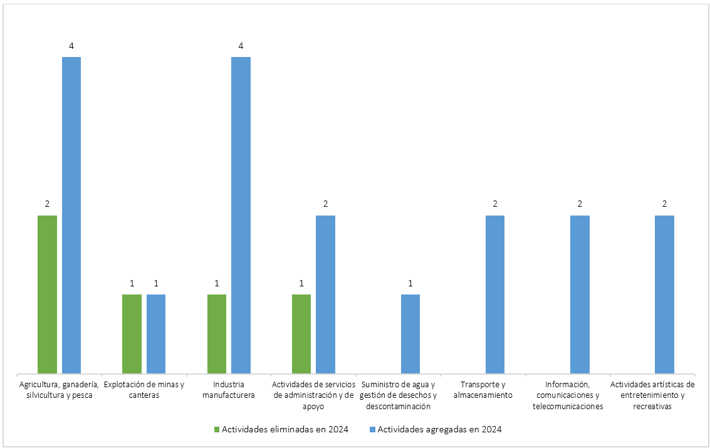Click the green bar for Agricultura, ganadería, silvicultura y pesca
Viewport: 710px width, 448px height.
pos(47,294)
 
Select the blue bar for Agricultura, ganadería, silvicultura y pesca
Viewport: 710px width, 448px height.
pos(71,216)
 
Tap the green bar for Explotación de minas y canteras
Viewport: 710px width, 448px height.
pos(132,334)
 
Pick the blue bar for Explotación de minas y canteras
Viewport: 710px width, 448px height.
pos(156,334)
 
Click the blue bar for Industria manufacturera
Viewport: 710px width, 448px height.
pos(241,216)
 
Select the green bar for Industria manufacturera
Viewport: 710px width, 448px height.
pos(217,334)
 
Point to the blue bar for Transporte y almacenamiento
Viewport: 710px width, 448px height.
pos(495,294)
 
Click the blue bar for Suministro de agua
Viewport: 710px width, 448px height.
pos(410,334)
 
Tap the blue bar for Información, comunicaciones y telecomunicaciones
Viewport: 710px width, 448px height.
pos(580,294)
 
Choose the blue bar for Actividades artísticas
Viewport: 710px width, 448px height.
pos(664,294)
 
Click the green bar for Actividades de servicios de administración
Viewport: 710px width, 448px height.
pos(301,334)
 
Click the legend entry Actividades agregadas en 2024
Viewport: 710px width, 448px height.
pos(439,429)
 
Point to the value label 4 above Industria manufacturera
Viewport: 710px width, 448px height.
pos(241,46)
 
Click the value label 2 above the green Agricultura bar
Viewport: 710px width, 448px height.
pos(47,204)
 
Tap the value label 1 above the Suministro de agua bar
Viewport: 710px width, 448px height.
pos(410,283)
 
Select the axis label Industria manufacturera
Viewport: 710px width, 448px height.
pos(229,389)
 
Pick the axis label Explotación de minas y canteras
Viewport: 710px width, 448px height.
pos(144,389)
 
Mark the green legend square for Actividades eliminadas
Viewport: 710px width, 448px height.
pos(217,430)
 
